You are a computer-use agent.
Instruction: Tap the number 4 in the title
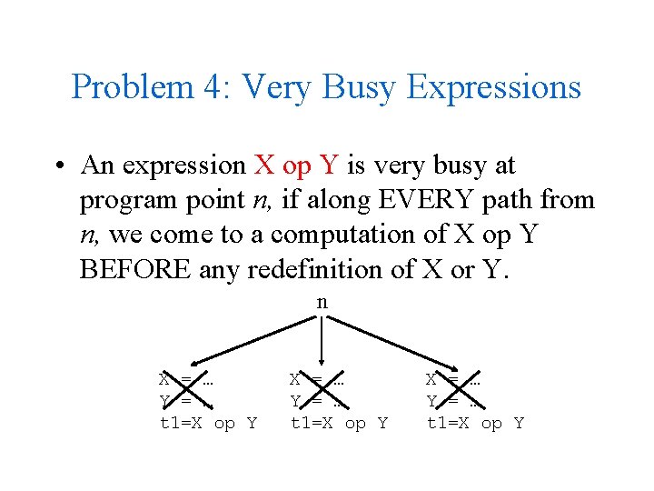(193, 87)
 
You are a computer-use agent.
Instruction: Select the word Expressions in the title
(494, 87)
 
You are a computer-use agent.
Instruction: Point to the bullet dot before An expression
(57, 166)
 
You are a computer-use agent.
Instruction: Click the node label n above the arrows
(322, 303)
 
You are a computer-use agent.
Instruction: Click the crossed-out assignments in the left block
(186, 389)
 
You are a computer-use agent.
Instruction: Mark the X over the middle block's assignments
(317, 389)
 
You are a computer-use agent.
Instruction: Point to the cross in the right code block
(453, 389)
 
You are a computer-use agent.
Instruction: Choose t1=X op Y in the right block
(476, 424)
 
